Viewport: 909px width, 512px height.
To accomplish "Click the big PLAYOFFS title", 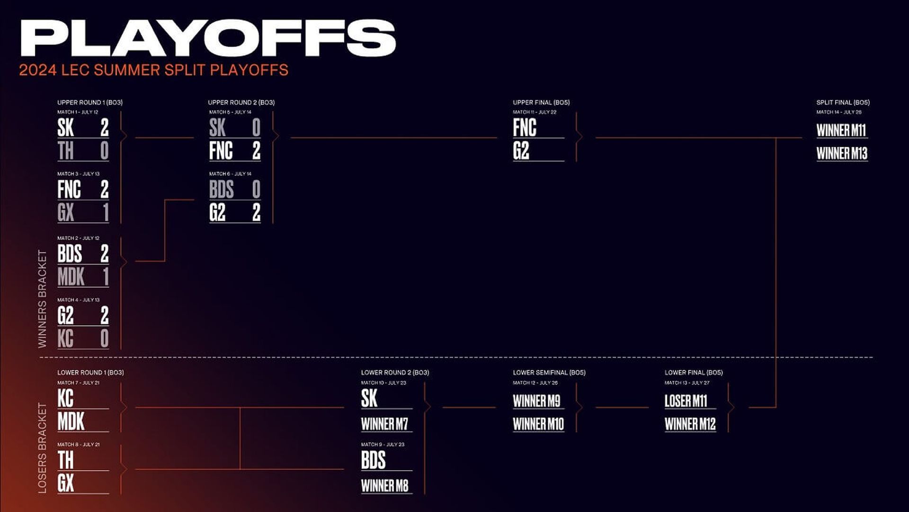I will tap(208, 38).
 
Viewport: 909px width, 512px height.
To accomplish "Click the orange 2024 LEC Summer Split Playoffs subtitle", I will tap(153, 70).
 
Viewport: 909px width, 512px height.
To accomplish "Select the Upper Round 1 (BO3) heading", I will tap(90, 102).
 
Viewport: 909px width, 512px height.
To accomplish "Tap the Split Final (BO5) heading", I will tap(843, 102).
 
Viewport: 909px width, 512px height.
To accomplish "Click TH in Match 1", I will tap(66, 151).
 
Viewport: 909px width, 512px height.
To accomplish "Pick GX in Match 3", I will tap(66, 212).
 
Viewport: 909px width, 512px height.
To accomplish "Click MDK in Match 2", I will tap(71, 277).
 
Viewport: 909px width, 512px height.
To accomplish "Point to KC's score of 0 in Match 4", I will tap(105, 338).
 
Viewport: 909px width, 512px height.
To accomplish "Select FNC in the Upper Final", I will tap(525, 128).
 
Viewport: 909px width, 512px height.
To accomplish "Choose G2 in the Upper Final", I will tap(521, 151).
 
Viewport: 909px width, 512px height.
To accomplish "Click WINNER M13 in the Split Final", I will tap(842, 154).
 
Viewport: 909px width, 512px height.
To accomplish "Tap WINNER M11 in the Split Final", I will tap(841, 130).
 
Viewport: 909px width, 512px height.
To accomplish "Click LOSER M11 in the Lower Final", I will tap(686, 401).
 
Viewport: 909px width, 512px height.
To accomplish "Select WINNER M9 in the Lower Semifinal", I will tap(536, 401).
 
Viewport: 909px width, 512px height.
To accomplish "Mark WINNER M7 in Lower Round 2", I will tap(384, 424).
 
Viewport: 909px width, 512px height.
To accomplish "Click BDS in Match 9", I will tap(374, 460).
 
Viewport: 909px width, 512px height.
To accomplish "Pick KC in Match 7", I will tap(66, 398).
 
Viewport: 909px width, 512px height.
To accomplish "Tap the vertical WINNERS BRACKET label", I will tap(43, 299).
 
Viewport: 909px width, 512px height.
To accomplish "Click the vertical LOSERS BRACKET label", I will tap(43, 448).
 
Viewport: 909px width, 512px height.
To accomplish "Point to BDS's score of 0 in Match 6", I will tap(256, 190).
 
